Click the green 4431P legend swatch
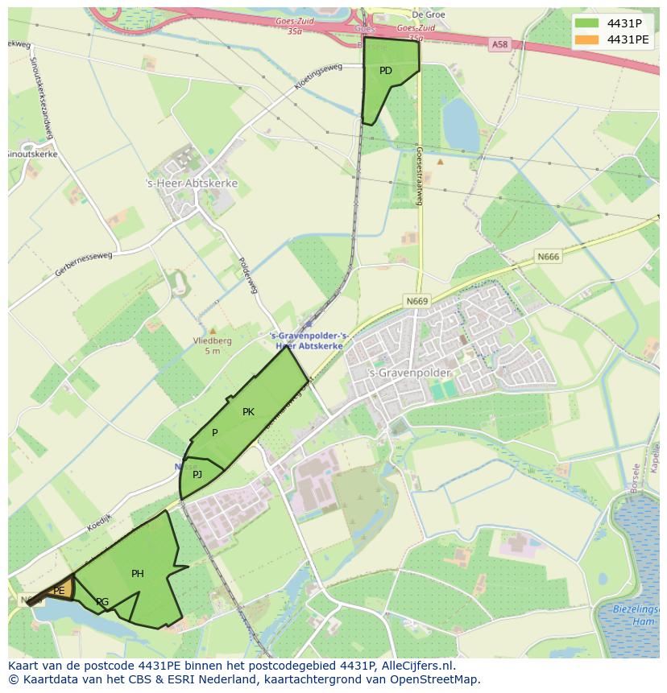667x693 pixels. pos(587,23)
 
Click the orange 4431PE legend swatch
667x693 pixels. pos(587,39)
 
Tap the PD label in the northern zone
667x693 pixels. pos(386,71)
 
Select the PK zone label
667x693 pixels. pos(248,412)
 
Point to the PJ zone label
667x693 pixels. pos(197,475)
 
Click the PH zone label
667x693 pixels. pos(138,574)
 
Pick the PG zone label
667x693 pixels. pos(102,602)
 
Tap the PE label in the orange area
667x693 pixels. pos(59,591)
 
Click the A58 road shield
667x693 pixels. pos(499,45)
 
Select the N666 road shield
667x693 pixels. pos(547,257)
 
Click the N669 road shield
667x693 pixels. pos(417,301)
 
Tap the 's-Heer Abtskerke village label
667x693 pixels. pos(191,184)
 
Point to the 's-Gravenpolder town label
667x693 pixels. pos(398,373)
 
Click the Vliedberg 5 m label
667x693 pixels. pos(213,345)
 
